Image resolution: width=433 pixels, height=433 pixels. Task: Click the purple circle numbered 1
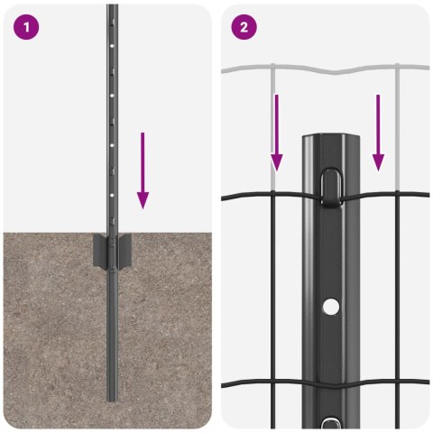tap(27, 27)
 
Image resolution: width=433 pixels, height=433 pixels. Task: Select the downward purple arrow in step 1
tap(143, 168)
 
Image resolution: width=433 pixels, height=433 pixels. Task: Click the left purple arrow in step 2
tap(277, 131)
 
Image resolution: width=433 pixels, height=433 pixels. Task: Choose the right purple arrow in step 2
tap(379, 131)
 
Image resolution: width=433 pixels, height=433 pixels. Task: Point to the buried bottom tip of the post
tap(112, 397)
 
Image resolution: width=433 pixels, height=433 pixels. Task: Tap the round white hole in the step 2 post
tap(332, 308)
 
